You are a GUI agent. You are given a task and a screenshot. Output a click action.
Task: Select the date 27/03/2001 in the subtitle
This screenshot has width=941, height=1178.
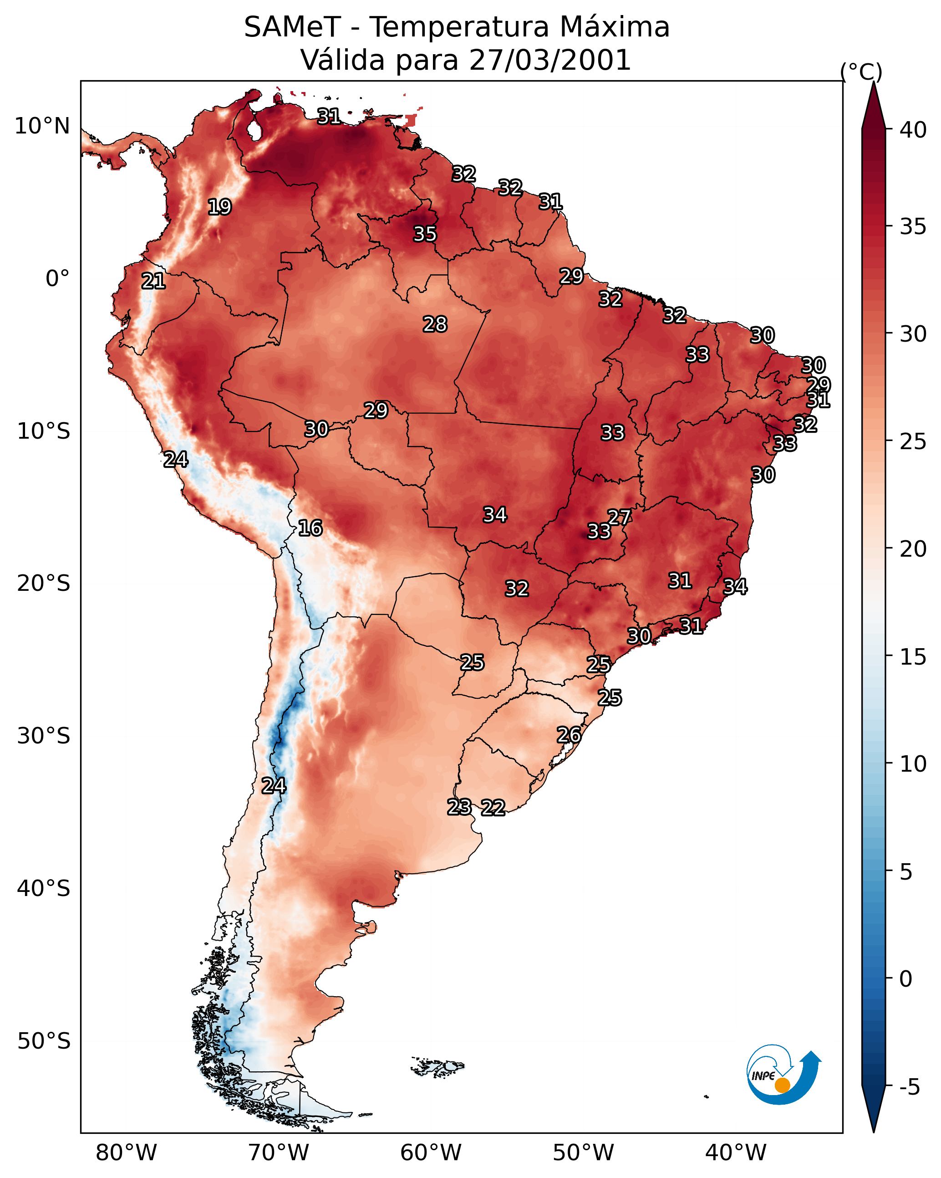550,60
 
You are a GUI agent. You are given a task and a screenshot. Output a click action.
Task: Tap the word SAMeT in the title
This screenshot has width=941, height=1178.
292,27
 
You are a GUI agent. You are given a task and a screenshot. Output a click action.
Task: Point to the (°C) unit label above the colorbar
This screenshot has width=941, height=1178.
861,72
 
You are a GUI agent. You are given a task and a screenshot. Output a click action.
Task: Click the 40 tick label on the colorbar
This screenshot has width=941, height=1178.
913,130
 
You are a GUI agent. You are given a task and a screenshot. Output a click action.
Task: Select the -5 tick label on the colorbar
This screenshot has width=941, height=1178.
909,1087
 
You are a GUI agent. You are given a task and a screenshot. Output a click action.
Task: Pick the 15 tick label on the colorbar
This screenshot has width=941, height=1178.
913,657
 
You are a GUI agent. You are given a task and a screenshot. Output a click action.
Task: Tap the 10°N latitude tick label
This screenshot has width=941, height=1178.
42,126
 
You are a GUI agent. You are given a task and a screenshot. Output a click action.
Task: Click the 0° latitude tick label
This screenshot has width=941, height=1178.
57,279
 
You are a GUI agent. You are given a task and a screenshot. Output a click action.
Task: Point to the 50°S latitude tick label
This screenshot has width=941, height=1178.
44,1041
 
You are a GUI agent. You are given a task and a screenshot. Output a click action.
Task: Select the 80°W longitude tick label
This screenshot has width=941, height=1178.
126,1153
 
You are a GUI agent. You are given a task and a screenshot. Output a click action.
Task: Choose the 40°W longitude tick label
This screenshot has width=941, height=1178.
736,1153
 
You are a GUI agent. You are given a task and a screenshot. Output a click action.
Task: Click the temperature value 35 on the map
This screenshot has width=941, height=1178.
425,234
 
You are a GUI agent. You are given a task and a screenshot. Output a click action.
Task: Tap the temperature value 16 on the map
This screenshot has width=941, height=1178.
310,528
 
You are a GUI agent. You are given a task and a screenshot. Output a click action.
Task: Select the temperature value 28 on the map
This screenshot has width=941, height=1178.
435,324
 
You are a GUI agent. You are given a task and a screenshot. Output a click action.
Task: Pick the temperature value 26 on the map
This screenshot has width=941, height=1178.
569,735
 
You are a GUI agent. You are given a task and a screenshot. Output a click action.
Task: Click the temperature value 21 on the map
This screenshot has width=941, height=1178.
153,281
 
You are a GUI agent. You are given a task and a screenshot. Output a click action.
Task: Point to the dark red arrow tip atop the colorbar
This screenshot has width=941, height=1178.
873,83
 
